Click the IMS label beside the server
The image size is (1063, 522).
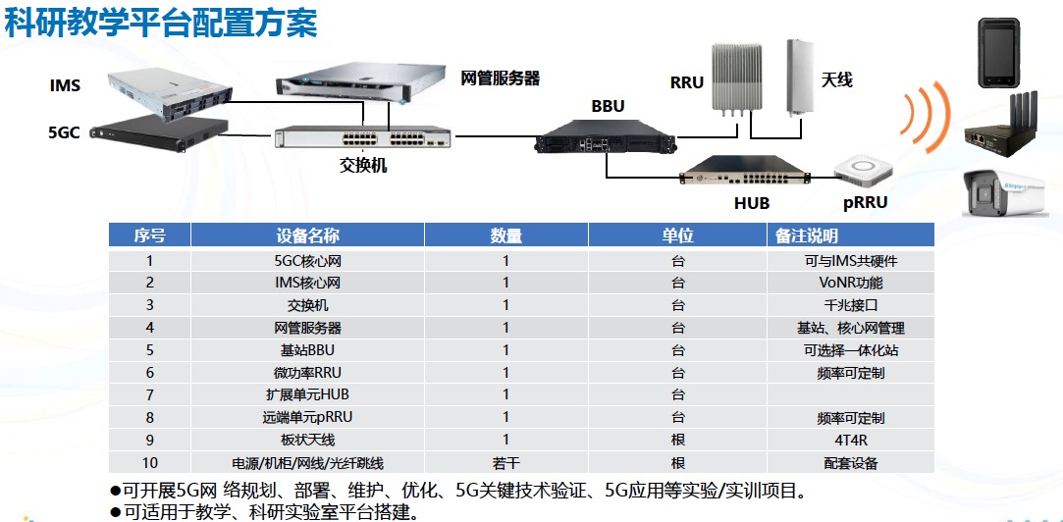[x=65, y=86]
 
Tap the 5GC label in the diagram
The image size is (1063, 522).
[x=65, y=132]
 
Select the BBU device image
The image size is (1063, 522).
[x=606, y=137]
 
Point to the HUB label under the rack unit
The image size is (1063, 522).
[x=752, y=203]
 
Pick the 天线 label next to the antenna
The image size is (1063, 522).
[x=837, y=80]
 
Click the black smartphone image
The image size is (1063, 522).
[x=998, y=53]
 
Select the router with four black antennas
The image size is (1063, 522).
[x=1000, y=126]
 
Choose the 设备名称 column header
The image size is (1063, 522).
[x=308, y=235]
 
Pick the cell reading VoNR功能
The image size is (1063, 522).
[x=851, y=283]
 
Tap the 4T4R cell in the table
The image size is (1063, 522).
[x=851, y=441]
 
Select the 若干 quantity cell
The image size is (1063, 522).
[x=505, y=463]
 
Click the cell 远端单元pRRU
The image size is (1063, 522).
[x=308, y=418]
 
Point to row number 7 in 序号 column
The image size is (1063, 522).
[x=150, y=394]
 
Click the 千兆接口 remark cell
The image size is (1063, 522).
[x=851, y=306]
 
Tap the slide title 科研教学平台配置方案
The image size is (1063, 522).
[x=161, y=25]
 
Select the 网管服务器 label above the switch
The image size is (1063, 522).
[x=501, y=78]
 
